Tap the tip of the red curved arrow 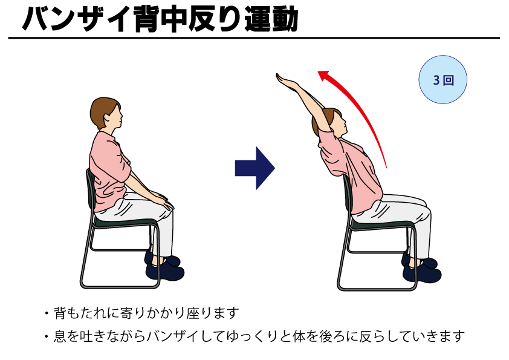320,73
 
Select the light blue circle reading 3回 443,79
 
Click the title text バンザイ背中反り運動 160,19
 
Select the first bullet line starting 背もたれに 141,313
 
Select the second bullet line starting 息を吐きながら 254,335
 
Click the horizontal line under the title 254,38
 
